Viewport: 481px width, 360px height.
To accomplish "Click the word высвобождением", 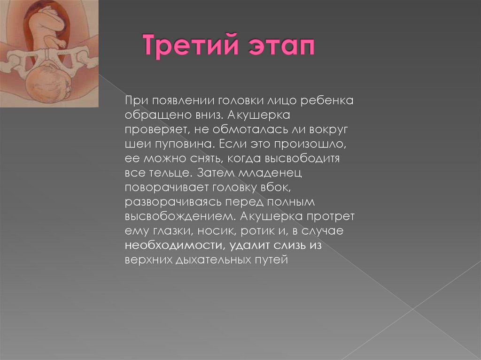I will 179,217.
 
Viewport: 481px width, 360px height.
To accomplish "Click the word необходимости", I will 173,246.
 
